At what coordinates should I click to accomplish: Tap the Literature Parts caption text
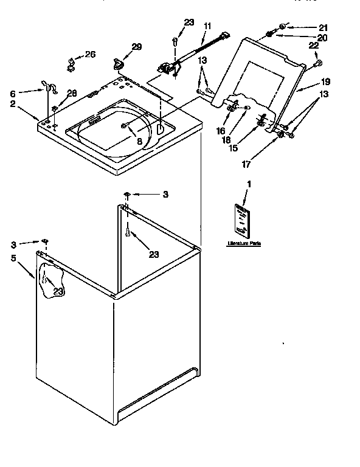[x=243, y=243]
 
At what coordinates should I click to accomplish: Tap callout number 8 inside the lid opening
[x=139, y=141]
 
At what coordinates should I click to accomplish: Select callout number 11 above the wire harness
[x=207, y=26]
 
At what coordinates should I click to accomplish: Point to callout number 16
[x=221, y=130]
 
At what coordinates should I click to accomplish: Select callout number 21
[x=322, y=27]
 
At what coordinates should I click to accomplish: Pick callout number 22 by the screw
[x=314, y=46]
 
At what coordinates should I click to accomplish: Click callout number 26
[x=90, y=55]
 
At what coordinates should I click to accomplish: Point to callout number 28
[x=72, y=93]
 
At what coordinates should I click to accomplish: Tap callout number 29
[x=137, y=46]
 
